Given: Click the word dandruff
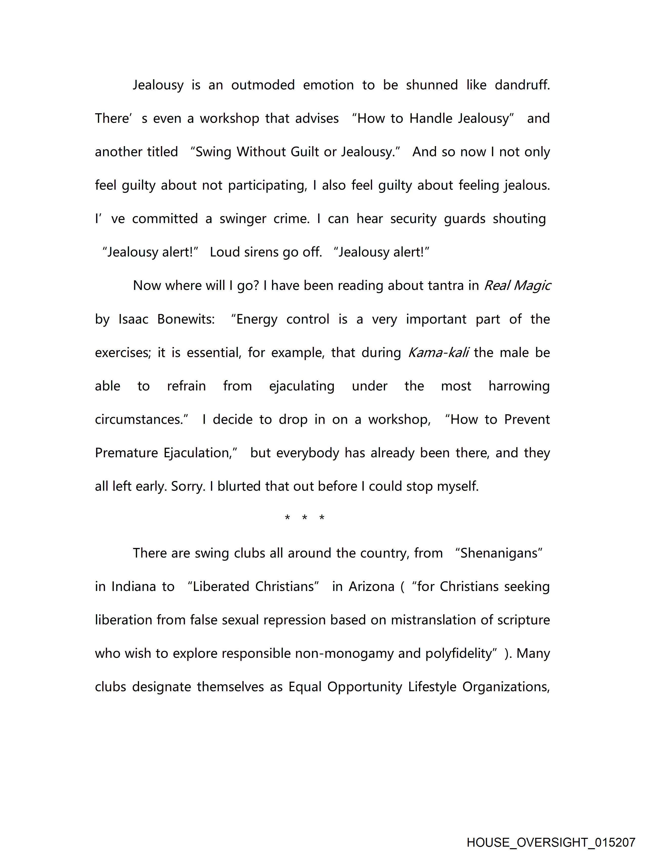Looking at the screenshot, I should [522, 85].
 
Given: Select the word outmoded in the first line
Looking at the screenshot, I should [263, 85].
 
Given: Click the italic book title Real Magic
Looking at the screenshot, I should [517, 286].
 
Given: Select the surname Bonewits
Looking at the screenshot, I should [186, 319].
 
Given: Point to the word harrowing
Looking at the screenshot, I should [519, 386].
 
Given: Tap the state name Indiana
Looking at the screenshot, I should [134, 587].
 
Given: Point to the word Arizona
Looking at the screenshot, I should [371, 587].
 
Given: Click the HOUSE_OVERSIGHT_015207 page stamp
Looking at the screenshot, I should [551, 842].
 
